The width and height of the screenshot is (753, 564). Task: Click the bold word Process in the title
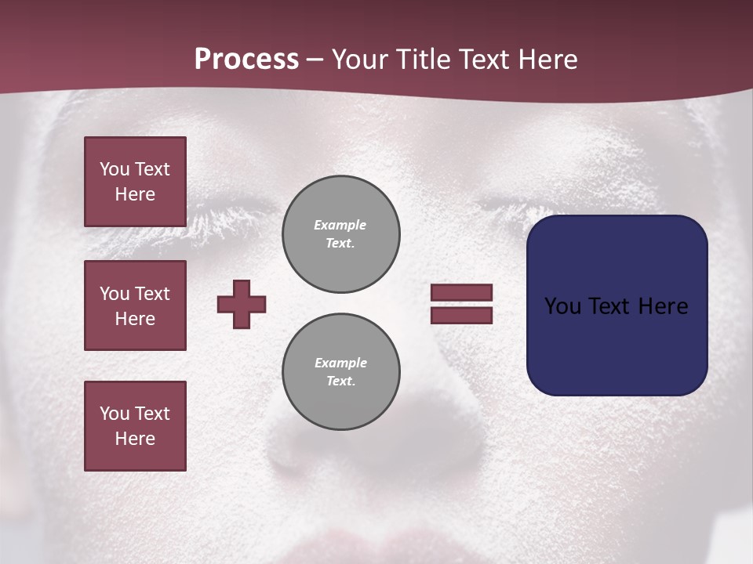click(246, 60)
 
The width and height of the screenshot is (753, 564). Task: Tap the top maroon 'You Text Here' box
click(135, 182)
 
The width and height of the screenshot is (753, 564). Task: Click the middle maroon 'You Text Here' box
click(135, 305)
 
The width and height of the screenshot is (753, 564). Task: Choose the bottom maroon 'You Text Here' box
click(135, 426)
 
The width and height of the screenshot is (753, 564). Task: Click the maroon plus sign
click(242, 304)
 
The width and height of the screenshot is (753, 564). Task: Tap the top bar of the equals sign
click(461, 292)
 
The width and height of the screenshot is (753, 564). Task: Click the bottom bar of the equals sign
click(461, 315)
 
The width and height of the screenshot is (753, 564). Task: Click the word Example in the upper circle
click(340, 225)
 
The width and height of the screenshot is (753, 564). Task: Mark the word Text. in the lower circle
click(340, 381)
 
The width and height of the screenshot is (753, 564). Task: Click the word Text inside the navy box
click(610, 305)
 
